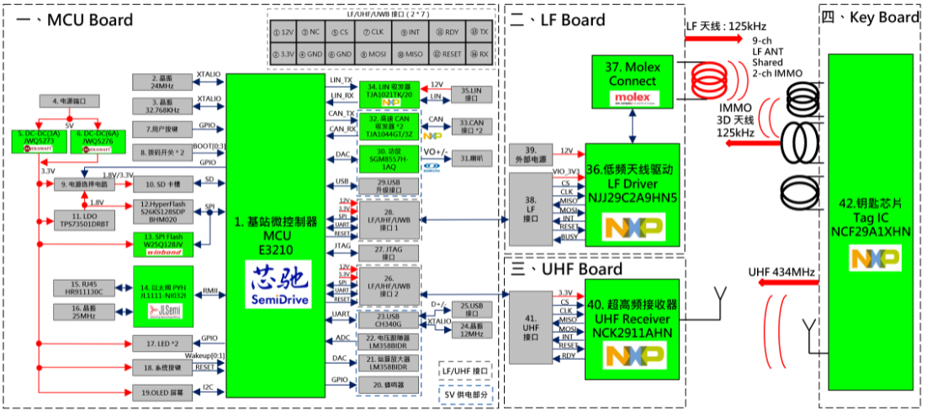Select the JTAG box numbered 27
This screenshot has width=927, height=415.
click(388, 250)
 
